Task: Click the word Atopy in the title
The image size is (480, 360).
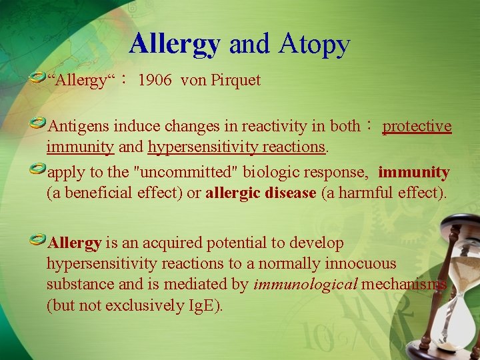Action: (314, 44)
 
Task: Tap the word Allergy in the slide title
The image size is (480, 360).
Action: (175, 44)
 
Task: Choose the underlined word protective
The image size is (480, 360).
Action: (417, 126)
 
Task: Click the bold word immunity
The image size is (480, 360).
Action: (414, 172)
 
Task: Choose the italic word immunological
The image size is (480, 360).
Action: (305, 285)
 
